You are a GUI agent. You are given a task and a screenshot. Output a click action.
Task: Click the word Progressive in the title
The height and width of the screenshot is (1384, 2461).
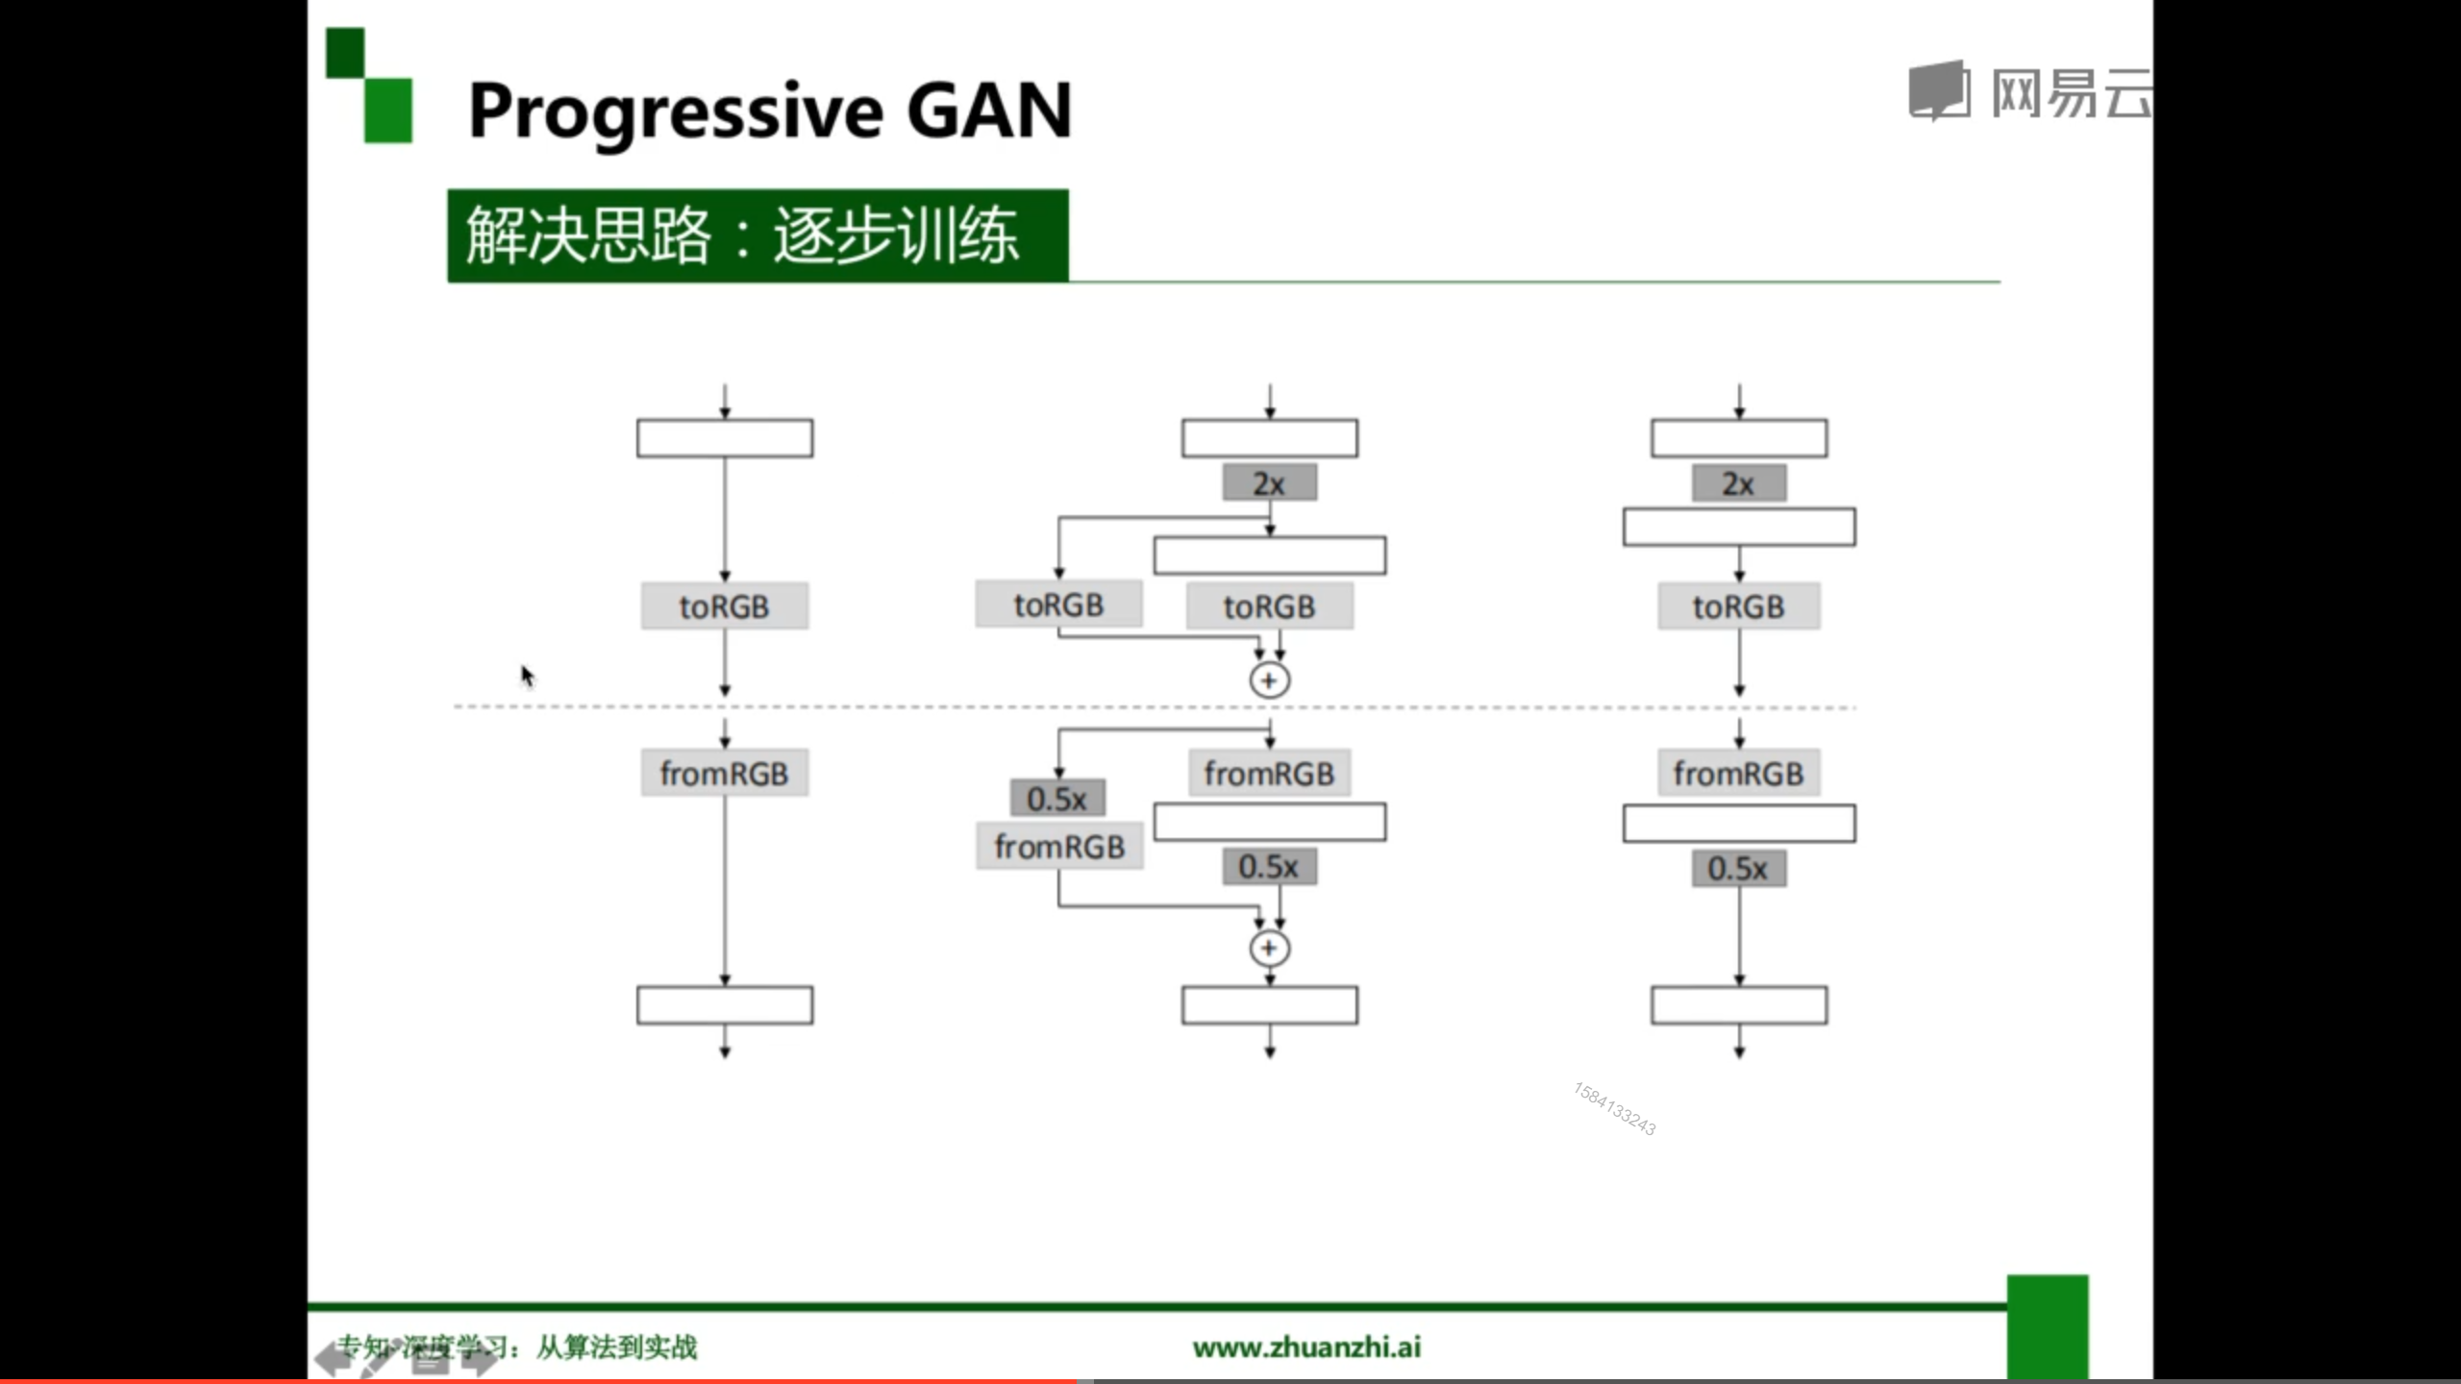(x=675, y=112)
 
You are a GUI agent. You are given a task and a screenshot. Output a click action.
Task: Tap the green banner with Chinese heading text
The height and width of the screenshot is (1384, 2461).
(x=757, y=235)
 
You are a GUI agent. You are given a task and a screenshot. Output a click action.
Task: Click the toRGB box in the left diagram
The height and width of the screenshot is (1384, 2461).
(x=724, y=606)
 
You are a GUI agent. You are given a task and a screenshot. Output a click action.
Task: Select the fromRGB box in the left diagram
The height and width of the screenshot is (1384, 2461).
(x=724, y=774)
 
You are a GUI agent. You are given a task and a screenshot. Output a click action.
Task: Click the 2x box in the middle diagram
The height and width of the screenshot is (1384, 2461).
(x=1269, y=483)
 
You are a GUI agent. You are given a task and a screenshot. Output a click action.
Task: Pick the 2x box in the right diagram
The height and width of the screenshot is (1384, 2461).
(x=1738, y=483)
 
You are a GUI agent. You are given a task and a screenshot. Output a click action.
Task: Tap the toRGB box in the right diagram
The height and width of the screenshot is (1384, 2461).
(x=1738, y=606)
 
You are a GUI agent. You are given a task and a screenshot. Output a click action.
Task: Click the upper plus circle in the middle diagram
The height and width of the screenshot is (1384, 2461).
(x=1269, y=680)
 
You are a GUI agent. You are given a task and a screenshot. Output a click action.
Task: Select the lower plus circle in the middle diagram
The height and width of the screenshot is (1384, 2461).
(x=1269, y=949)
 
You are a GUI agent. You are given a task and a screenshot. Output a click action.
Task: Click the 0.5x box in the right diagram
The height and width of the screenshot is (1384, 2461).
(x=1738, y=868)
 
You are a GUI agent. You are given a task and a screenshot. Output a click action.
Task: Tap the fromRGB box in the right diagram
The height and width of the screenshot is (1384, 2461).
(x=1738, y=774)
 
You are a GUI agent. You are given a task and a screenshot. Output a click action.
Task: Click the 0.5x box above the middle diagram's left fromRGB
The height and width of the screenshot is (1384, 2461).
(x=1056, y=798)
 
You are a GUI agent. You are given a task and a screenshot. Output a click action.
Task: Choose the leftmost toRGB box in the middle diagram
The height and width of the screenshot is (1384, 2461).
(x=1058, y=605)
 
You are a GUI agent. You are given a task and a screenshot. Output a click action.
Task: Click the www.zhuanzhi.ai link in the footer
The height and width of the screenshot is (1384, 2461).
(x=1306, y=1347)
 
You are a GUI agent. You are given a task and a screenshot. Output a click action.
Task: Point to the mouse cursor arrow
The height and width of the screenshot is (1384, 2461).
(x=527, y=676)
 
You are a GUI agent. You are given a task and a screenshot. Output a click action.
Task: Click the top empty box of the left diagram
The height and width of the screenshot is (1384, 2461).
(x=724, y=438)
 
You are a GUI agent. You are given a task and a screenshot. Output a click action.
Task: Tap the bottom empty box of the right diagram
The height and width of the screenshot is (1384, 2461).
(x=1738, y=1005)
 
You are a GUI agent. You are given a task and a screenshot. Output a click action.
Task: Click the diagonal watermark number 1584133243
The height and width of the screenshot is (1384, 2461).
(x=1614, y=1108)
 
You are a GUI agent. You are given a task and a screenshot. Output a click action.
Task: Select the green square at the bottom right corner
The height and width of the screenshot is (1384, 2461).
(x=2047, y=1326)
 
